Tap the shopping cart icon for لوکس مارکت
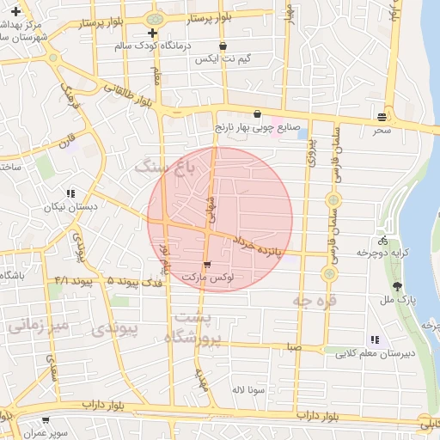coord(207,265)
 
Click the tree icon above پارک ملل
coord(396,286)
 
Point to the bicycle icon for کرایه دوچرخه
coord(382,241)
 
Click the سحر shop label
coord(382,130)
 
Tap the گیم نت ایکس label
coord(223,58)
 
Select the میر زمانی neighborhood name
coord(36,326)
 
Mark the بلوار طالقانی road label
coord(131,95)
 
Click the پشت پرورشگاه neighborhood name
coord(197,329)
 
